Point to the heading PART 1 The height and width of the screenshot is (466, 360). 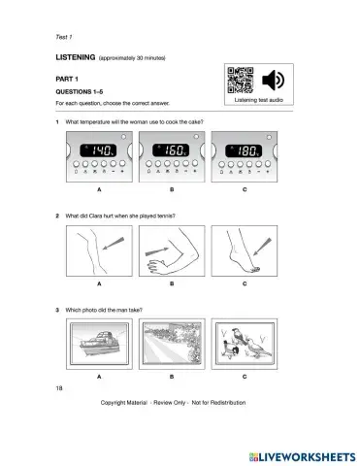pyautogui.click(x=70, y=82)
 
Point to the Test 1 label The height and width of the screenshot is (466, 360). pyautogui.click(x=66, y=36)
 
